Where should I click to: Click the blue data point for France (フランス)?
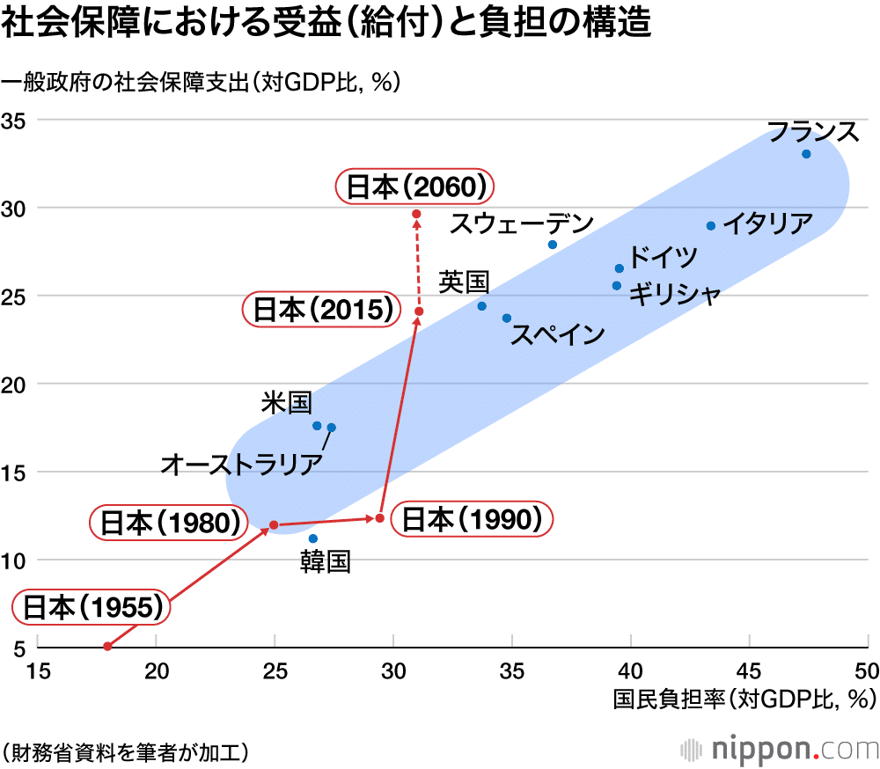[806, 154]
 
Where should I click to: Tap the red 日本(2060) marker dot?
[416, 214]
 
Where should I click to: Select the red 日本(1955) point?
[107, 646]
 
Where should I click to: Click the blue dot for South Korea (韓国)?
[313, 538]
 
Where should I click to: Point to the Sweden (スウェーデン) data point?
[553, 245]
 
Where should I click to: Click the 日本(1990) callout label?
[471, 519]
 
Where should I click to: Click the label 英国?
[464, 282]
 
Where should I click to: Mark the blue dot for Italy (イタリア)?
[711, 226]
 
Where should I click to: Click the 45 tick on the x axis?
[749, 670]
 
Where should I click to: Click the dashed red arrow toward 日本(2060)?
[418, 264]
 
